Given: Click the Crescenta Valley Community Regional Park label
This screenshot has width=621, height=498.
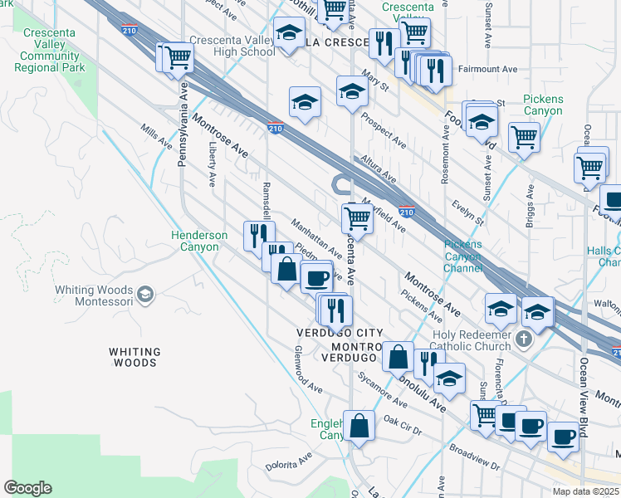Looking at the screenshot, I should [51, 50].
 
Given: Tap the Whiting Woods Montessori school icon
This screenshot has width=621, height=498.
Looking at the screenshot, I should [145, 294].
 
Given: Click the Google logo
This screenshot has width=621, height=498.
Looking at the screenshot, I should [27, 488].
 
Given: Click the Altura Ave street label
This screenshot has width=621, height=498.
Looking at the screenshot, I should [379, 168].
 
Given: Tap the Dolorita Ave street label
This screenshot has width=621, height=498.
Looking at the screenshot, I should [289, 461].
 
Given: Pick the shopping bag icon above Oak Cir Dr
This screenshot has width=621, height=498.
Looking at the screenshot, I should [360, 426].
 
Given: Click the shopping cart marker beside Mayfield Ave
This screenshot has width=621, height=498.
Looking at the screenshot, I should [357, 218].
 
